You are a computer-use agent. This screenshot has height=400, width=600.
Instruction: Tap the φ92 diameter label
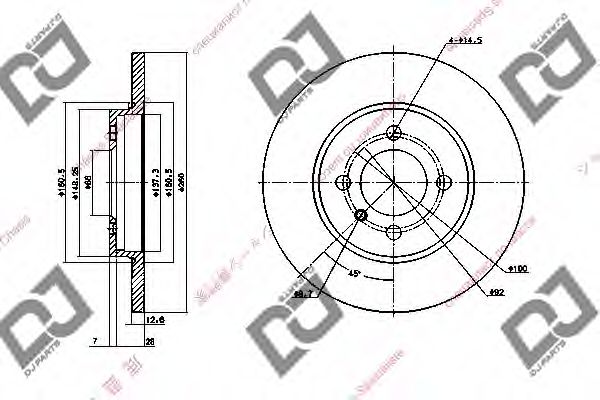coord(497,292)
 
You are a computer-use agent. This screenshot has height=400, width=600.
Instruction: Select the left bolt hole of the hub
coord(345,183)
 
